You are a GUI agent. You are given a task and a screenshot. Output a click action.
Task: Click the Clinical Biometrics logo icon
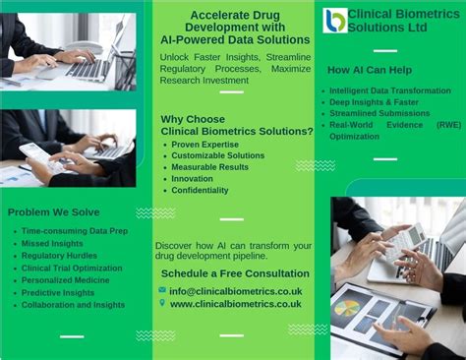[334, 20]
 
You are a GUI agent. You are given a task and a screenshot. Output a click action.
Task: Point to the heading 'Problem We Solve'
[53, 211]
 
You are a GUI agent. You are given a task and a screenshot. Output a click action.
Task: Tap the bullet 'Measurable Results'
[211, 167]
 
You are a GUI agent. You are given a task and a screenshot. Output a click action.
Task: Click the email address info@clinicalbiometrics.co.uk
[236, 291]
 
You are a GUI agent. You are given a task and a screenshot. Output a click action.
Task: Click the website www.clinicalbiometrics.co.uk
[236, 304]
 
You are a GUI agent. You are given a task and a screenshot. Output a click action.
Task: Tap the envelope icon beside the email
[162, 290]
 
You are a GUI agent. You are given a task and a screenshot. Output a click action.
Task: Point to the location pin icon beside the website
[162, 303]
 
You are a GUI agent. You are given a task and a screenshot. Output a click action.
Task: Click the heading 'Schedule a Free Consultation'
[235, 272]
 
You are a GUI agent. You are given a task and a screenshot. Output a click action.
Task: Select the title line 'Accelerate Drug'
[235, 15]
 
